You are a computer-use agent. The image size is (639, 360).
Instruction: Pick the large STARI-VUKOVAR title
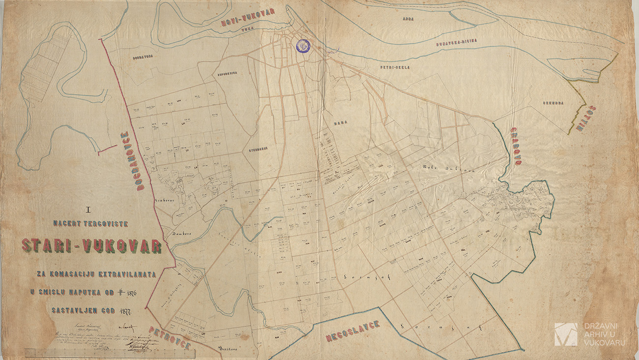(x=91, y=246)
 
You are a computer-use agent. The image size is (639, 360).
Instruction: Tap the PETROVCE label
(x=170, y=339)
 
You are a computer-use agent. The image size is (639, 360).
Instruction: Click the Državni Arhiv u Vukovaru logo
(x=590, y=334)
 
